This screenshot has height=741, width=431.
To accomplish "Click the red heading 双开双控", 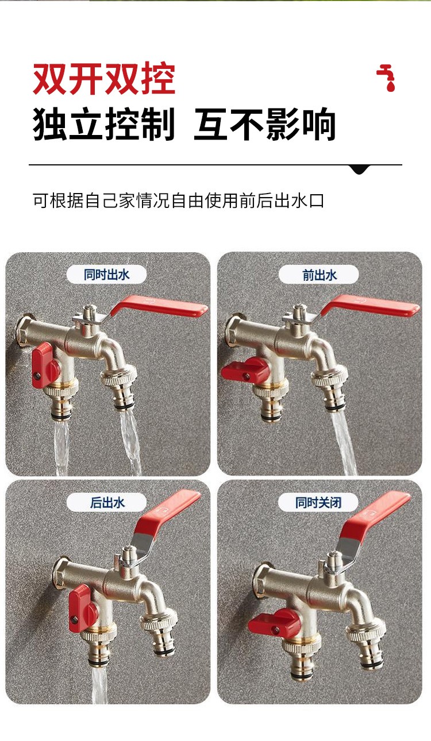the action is [104, 79].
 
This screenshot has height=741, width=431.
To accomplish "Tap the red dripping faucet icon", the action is [386, 78].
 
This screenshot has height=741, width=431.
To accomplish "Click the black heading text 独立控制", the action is [103, 124].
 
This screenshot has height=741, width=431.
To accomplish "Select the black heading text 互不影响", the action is [265, 124].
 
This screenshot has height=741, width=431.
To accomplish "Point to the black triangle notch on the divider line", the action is [360, 169].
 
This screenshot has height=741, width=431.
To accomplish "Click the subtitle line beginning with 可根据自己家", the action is [178, 200].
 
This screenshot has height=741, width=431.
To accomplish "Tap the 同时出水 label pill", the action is [106, 274].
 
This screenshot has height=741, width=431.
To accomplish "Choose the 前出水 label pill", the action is [319, 275].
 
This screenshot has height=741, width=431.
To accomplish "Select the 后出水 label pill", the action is [106, 503].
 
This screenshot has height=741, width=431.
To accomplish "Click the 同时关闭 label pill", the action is [318, 503].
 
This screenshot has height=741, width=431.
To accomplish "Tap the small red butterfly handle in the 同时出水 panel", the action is [45, 365].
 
